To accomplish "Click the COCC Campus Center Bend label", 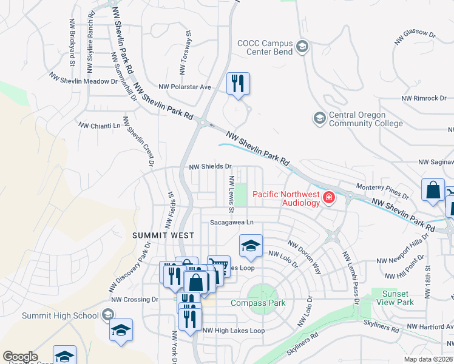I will (265, 47).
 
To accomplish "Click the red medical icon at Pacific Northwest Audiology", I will (328, 197).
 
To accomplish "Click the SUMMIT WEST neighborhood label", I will (164, 235).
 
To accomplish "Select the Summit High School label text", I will (60, 315).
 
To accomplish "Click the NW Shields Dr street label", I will (211, 166).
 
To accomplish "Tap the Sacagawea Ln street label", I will (231, 223).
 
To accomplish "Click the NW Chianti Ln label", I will (100, 125).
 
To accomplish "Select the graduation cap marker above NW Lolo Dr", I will (251, 246).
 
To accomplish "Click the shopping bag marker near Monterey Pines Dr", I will (433, 190).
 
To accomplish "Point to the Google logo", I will (20, 357).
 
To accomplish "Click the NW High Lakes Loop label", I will (234, 331).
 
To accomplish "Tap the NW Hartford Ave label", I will (429, 327).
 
